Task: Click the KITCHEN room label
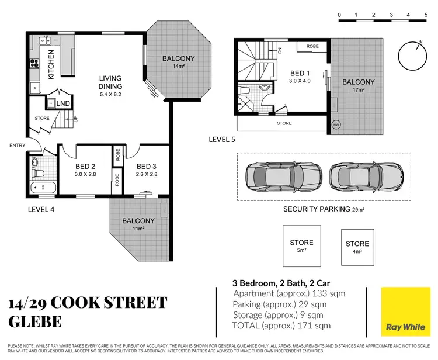point(51,65)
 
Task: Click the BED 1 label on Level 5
point(301,77)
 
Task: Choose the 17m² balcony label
point(358,85)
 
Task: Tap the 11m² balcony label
point(138,225)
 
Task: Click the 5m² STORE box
point(301,246)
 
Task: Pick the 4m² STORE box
point(357,247)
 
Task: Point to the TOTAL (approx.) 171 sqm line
point(281,325)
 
